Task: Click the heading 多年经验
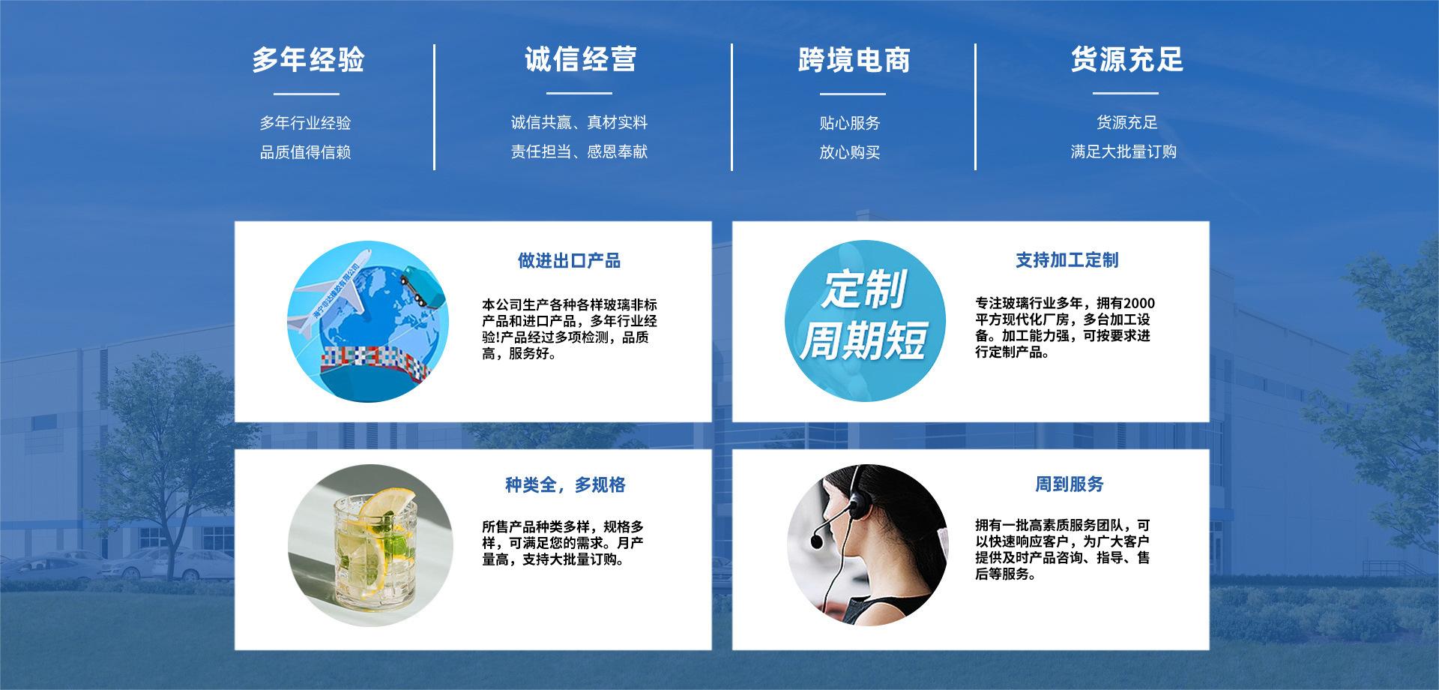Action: tap(307, 59)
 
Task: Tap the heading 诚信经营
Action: tap(580, 59)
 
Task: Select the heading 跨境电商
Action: tap(854, 60)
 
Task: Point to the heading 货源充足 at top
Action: tap(1126, 59)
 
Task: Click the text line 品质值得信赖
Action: tap(305, 152)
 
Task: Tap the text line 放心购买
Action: tap(849, 152)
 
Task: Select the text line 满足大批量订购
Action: tap(1123, 151)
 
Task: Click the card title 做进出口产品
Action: tap(569, 261)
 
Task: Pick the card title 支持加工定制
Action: tap(1067, 260)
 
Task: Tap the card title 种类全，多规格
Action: tap(565, 485)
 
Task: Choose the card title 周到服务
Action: tap(1070, 484)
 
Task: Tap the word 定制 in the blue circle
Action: tap(864, 289)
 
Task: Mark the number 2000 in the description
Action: tap(1139, 303)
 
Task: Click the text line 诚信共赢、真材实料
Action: tap(579, 122)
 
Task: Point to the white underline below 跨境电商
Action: tap(852, 94)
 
